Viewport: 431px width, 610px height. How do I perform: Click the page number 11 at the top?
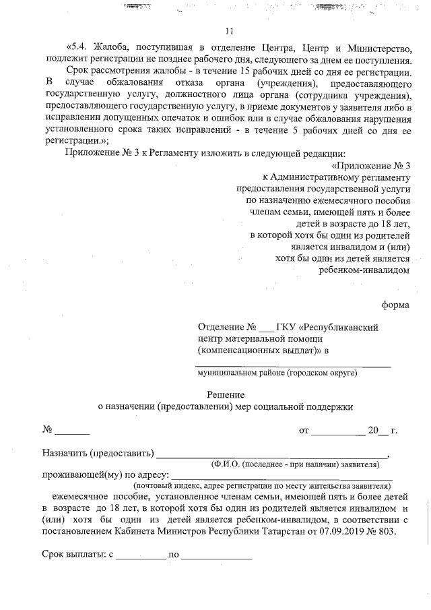tap(229, 31)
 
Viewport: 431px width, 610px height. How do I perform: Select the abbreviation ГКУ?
tap(290, 327)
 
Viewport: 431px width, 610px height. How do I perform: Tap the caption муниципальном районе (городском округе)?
tap(277, 372)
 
